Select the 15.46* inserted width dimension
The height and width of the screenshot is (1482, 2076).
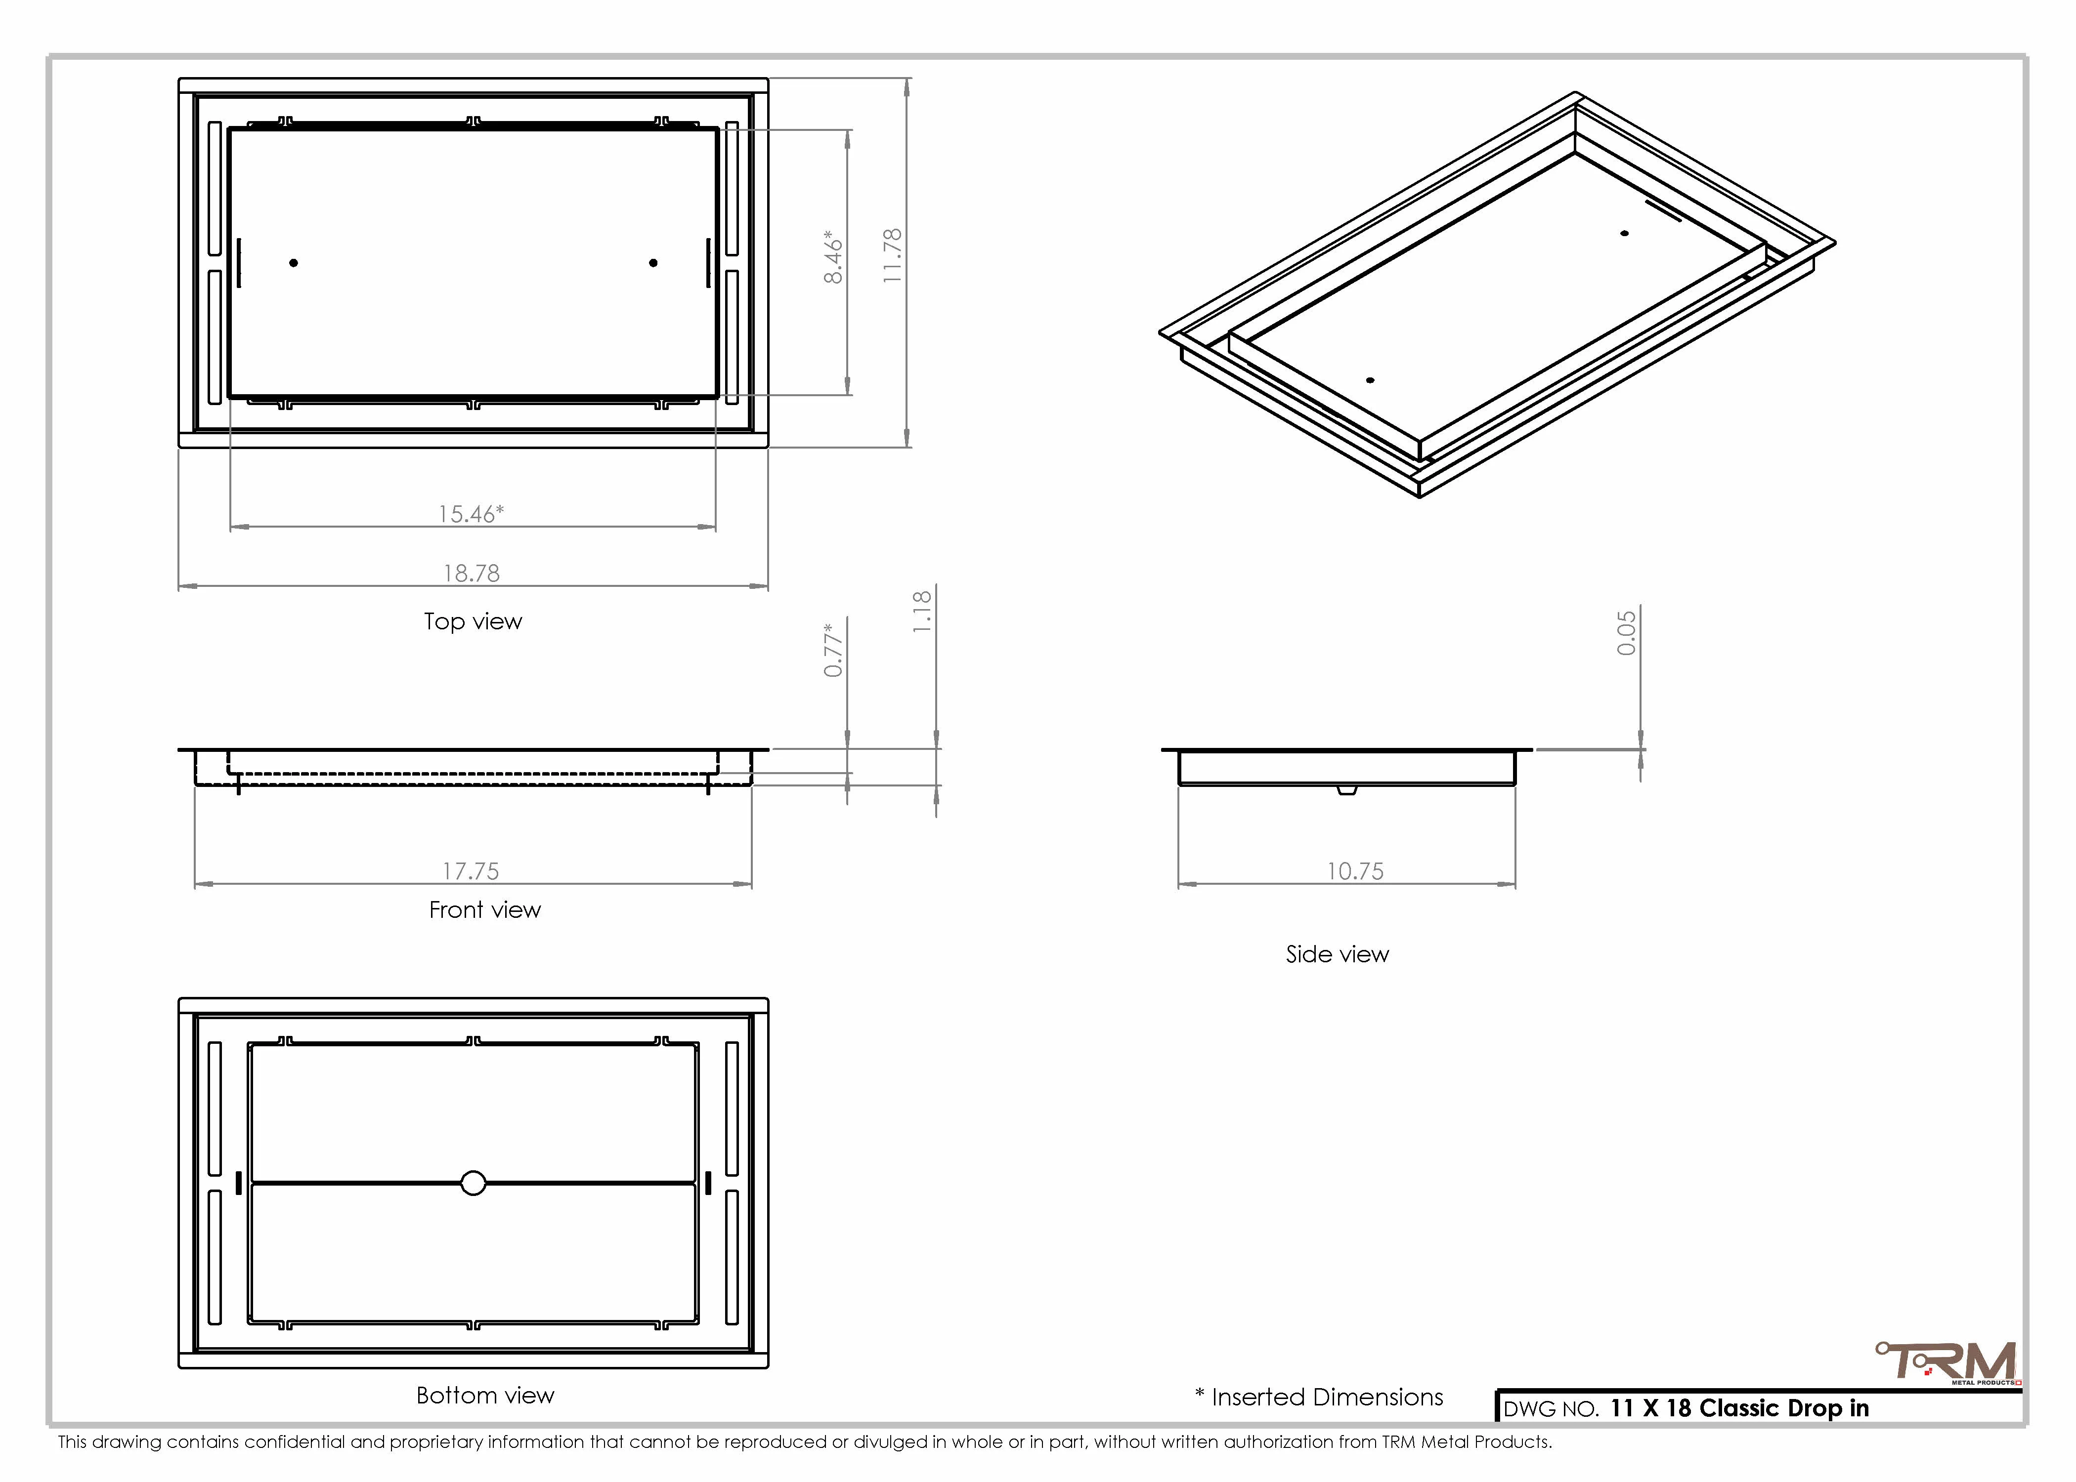(471, 514)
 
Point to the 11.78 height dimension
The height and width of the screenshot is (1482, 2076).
(893, 255)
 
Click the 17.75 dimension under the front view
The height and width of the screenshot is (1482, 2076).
(471, 871)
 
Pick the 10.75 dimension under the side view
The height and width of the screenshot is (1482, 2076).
(1356, 871)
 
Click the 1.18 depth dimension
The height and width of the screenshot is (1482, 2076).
(923, 612)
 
